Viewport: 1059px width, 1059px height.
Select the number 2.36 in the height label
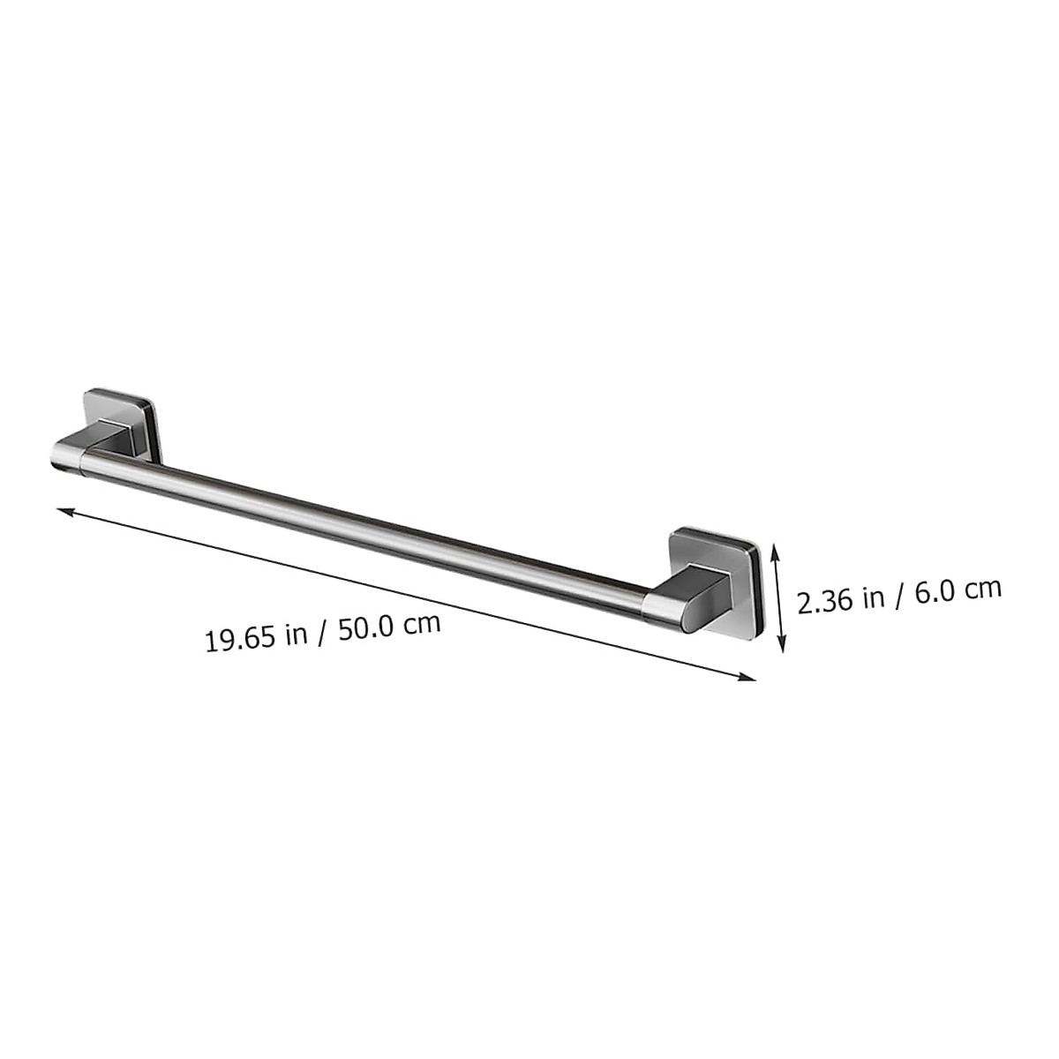(826, 602)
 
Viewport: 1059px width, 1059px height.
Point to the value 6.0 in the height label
(938, 591)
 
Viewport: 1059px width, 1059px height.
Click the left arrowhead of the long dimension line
(62, 509)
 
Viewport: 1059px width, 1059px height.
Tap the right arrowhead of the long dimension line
(750, 677)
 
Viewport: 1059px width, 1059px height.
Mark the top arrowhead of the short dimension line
(775, 550)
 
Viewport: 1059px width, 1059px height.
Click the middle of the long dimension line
(406, 593)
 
